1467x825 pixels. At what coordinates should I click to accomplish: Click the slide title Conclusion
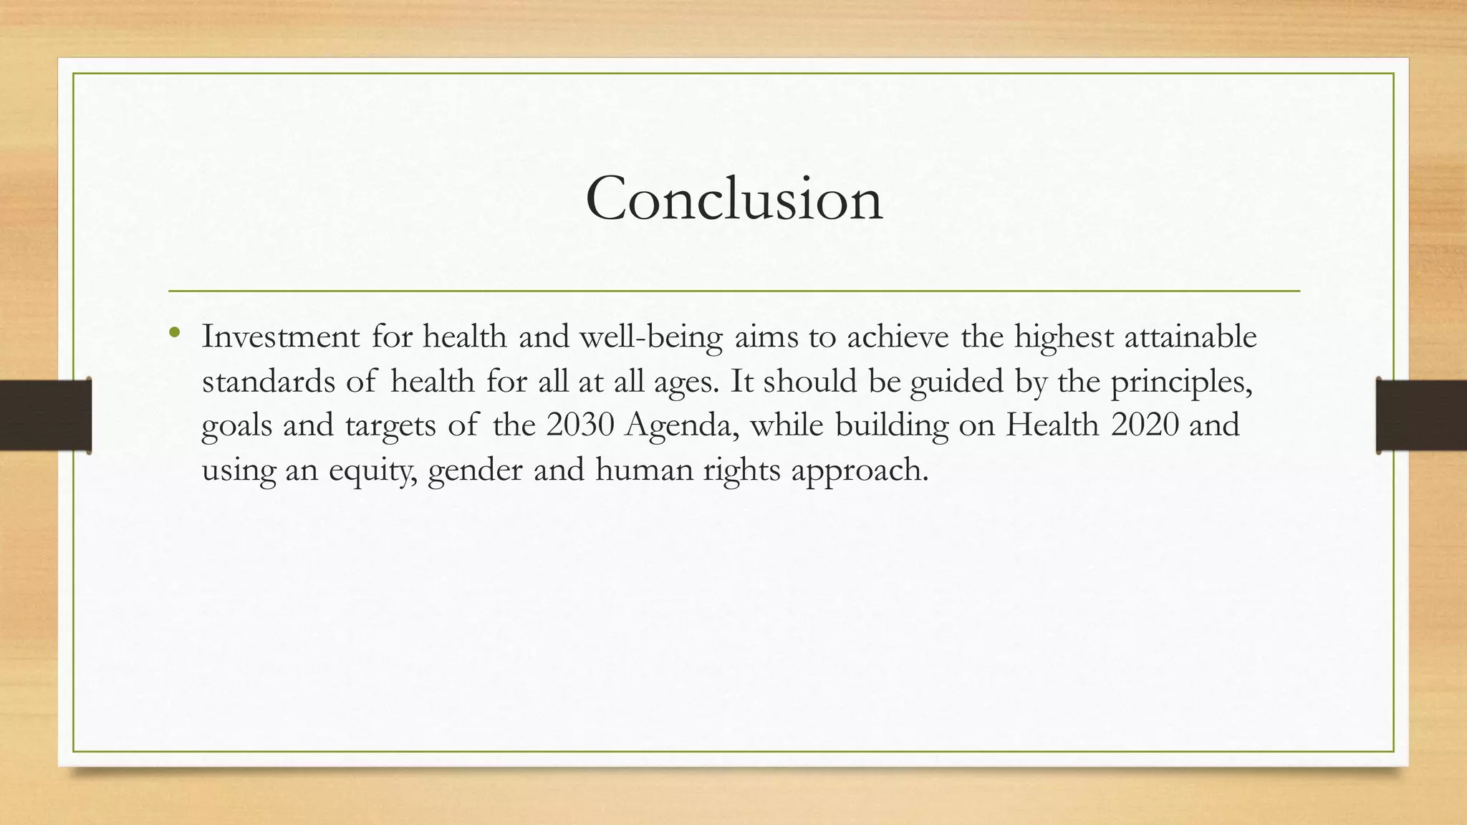[x=733, y=198]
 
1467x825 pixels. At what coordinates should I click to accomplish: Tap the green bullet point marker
[x=175, y=332]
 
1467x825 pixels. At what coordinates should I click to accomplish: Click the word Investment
[x=280, y=337]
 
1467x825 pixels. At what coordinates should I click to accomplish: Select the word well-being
[x=650, y=337]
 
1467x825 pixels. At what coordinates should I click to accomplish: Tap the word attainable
[x=1190, y=337]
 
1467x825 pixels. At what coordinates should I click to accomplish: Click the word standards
[x=267, y=381]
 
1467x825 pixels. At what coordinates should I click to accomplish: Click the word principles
[x=1181, y=382]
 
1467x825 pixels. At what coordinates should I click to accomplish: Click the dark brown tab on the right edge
[x=1421, y=415]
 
